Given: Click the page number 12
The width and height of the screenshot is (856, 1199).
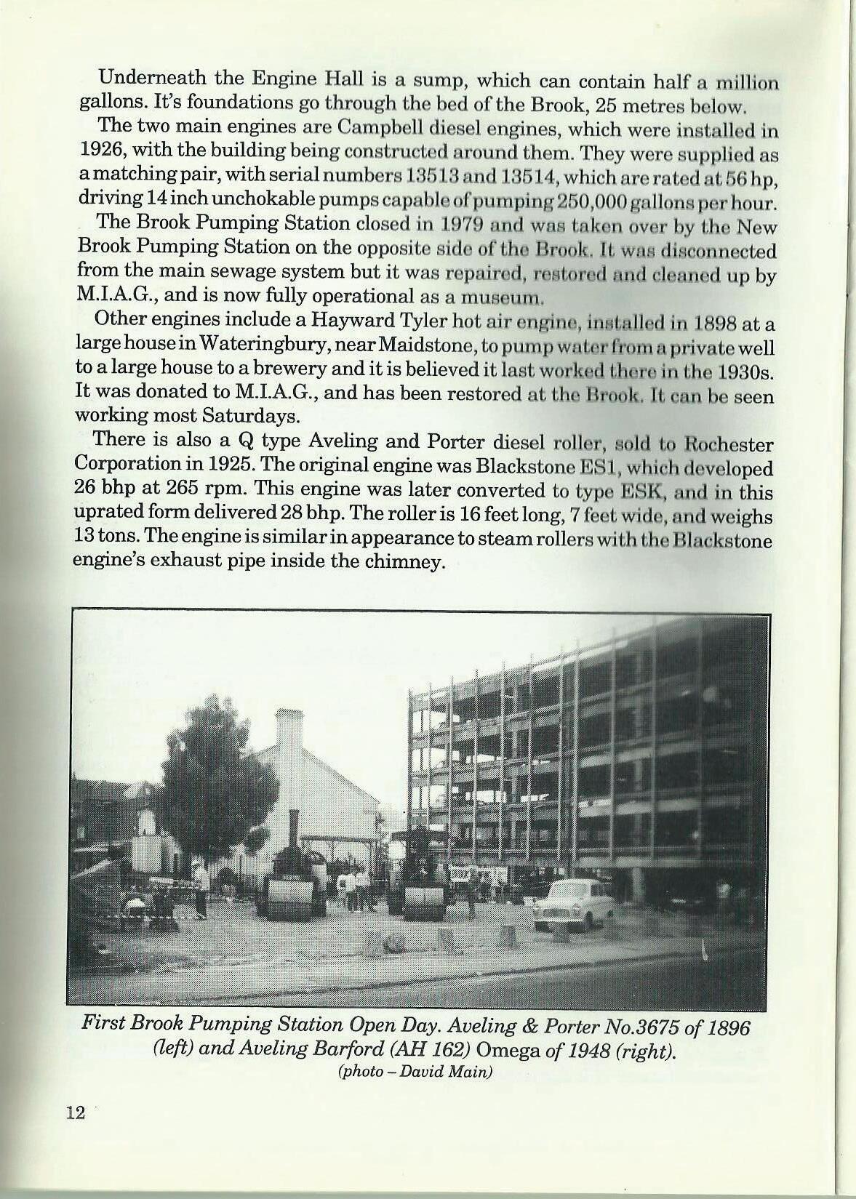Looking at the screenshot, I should click(76, 1133).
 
